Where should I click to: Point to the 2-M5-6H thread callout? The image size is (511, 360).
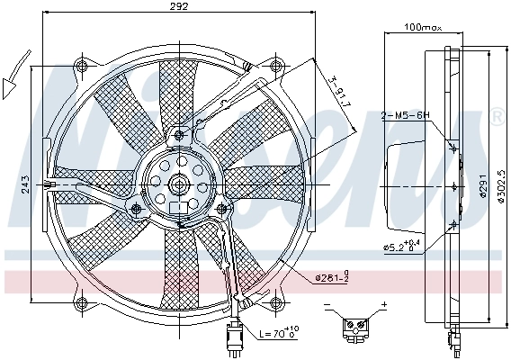click(407, 115)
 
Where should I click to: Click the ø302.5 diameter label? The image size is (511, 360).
click(497, 186)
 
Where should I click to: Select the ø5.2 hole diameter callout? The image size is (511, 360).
click(401, 246)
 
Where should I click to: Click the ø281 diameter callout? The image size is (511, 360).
click(332, 278)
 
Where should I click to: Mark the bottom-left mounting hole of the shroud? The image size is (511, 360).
click(80, 301)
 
